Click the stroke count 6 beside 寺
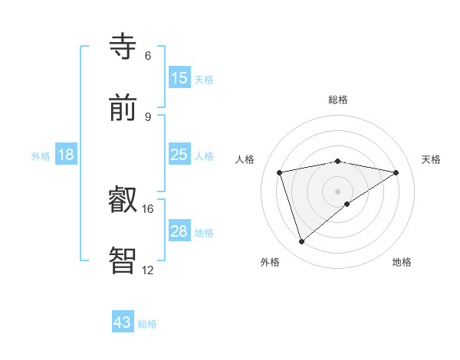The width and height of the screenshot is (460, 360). click(148, 56)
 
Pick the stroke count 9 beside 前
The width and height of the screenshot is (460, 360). click(148, 116)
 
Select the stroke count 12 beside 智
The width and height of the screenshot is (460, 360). click(148, 270)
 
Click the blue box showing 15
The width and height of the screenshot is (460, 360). click(179, 78)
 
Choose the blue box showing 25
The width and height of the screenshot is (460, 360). click(179, 155)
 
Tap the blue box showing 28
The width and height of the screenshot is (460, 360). click(179, 231)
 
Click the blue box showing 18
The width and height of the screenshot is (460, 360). click(66, 155)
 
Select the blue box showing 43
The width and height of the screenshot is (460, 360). click(123, 322)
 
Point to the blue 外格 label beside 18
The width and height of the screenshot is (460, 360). click(41, 155)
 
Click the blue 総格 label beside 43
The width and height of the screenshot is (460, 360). click(147, 324)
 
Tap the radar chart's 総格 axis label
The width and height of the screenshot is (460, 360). click(338, 100)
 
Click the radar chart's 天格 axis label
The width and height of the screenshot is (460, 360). click(431, 159)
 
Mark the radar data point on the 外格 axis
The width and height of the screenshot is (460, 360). click(302, 242)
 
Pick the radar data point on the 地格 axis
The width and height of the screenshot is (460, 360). click(347, 204)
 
